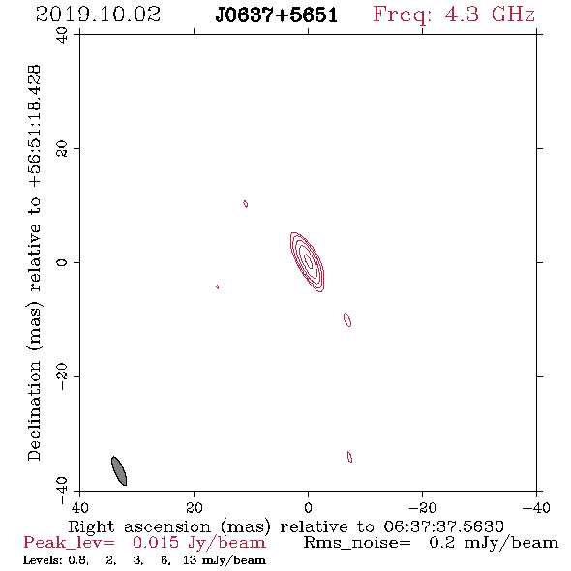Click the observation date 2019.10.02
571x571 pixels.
[x=98, y=15]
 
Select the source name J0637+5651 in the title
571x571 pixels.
[x=277, y=15]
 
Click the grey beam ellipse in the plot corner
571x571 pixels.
[x=119, y=470]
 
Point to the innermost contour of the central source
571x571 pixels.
[x=308, y=260]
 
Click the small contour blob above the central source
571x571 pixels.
[x=246, y=204]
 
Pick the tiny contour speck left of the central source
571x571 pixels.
[x=218, y=287]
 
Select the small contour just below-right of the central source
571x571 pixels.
[x=347, y=319]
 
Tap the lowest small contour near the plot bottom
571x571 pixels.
[x=350, y=457]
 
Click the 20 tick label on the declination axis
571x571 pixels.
[x=62, y=149]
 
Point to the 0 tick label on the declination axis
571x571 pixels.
[x=62, y=262]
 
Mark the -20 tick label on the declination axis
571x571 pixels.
[x=62, y=376]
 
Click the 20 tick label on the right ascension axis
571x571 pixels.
[x=195, y=507]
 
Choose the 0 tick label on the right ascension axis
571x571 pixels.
[x=308, y=507]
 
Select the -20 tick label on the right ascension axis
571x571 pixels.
[x=422, y=507]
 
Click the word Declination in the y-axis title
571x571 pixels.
[x=34, y=410]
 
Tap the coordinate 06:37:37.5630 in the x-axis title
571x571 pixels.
[x=443, y=526]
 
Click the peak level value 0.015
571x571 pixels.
[x=156, y=543]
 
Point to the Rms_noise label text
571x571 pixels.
[x=357, y=543]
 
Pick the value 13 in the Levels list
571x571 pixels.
[x=190, y=559]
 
